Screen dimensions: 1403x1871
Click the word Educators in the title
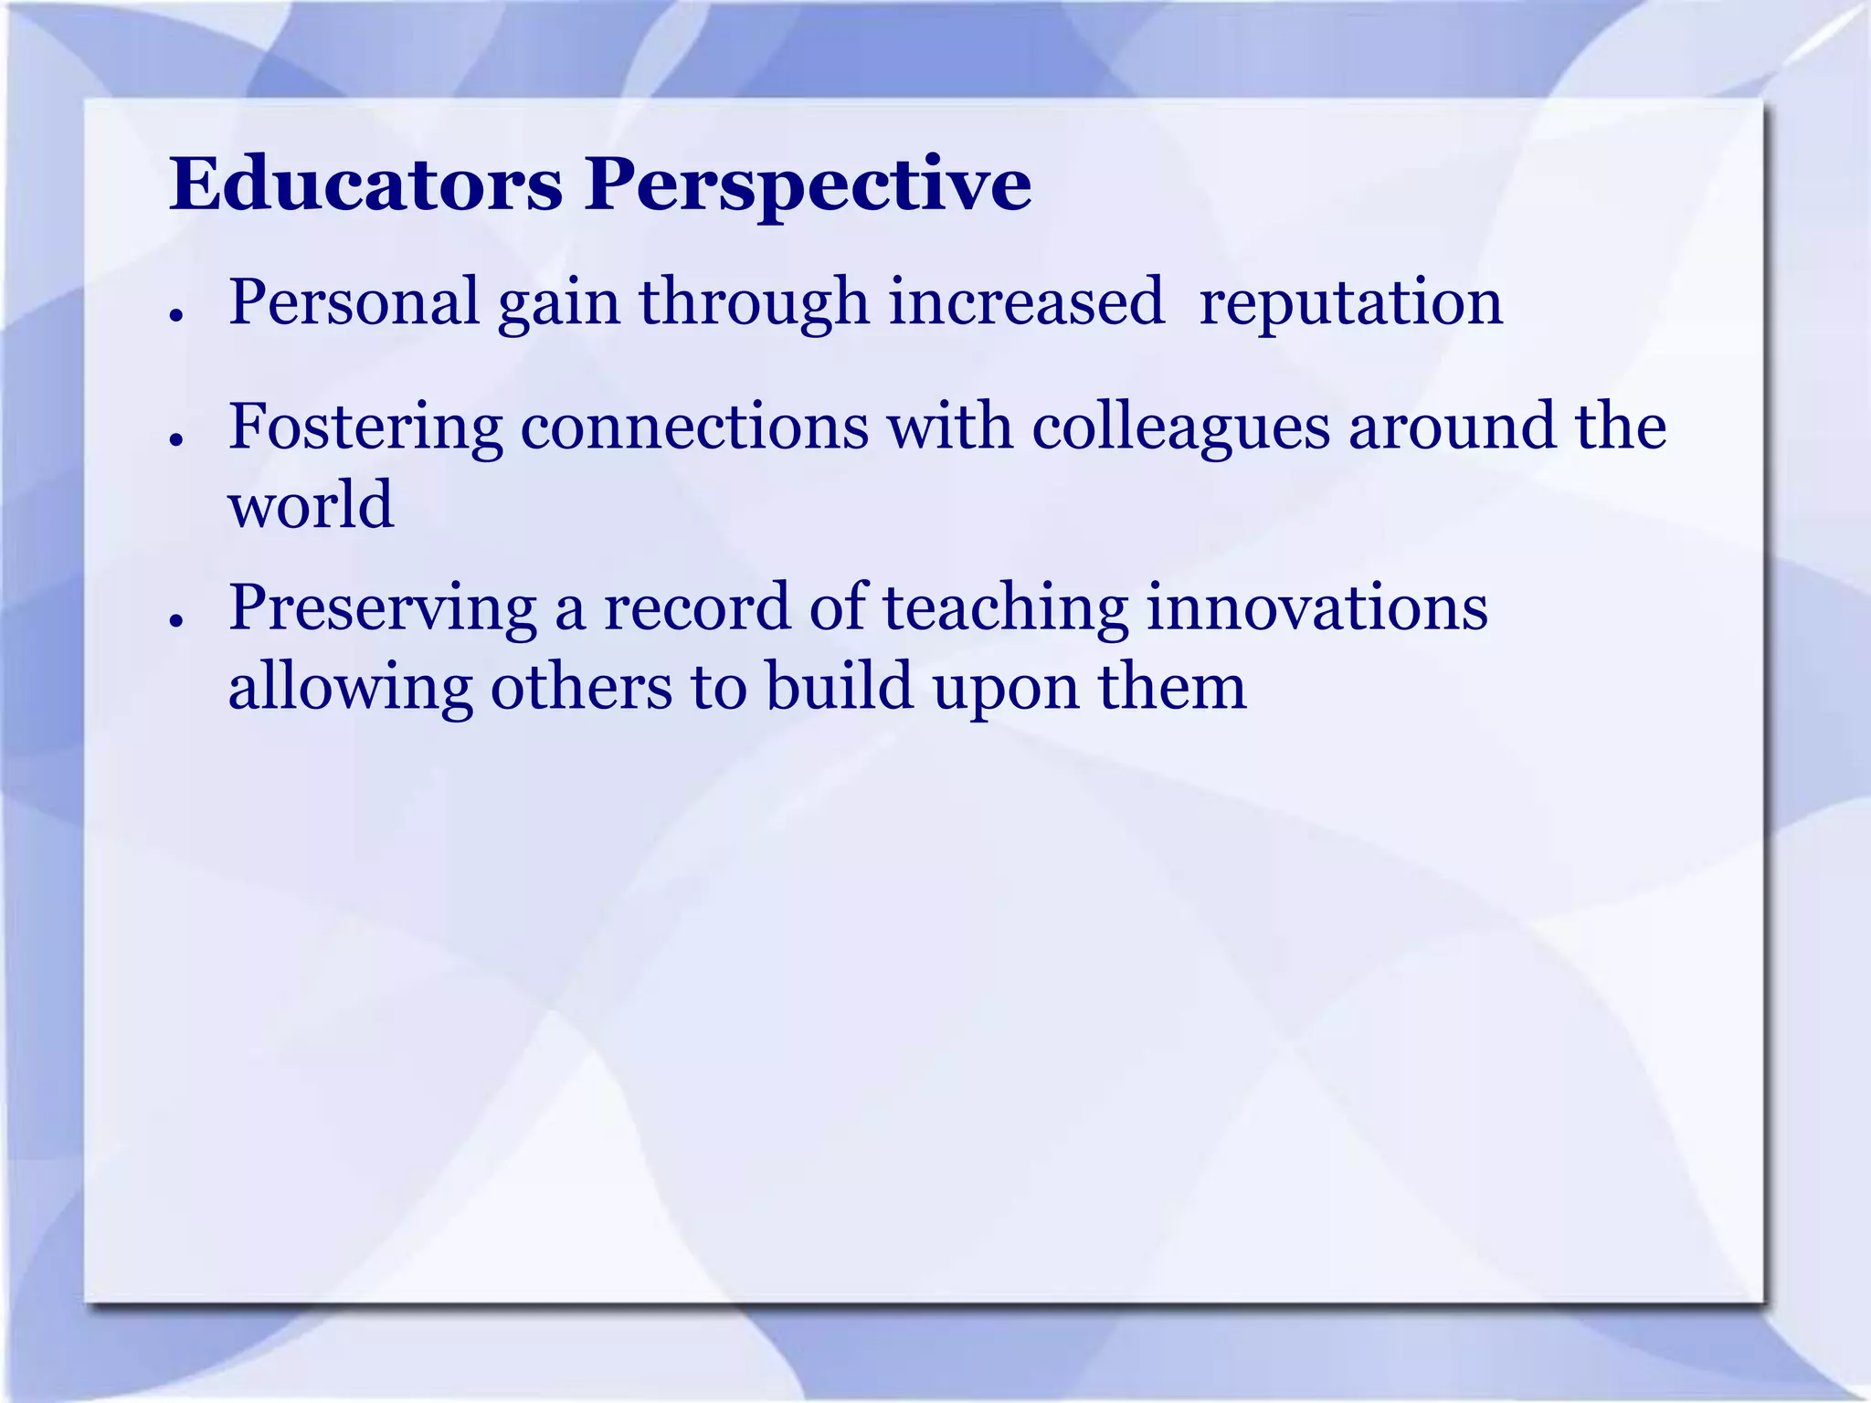365,185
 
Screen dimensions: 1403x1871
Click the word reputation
1350,304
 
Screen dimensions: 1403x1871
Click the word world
312,505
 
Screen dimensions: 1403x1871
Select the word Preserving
382,609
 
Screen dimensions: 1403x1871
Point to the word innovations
1316,607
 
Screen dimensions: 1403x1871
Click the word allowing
350,688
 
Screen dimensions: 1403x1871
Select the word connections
694,427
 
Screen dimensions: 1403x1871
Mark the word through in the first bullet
754,304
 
